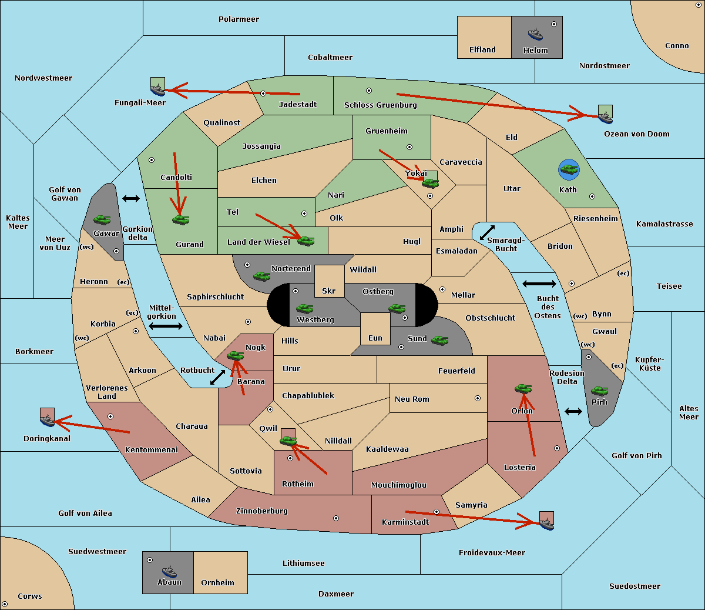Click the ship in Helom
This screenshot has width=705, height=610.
click(535, 34)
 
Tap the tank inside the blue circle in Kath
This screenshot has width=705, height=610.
click(569, 169)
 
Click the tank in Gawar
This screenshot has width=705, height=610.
click(102, 219)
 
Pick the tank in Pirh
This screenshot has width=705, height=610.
click(599, 391)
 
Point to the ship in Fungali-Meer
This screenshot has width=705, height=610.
click(157, 89)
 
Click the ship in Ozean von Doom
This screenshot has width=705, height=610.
click(605, 117)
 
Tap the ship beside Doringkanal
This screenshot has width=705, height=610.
click(48, 420)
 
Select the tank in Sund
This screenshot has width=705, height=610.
click(439, 341)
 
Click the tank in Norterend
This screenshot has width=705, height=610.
click(261, 276)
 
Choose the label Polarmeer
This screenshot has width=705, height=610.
click(239, 19)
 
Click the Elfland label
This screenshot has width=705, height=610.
click(482, 50)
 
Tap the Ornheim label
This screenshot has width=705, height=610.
click(217, 582)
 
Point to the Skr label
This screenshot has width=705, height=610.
click(329, 291)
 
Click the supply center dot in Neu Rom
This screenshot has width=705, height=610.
click(478, 398)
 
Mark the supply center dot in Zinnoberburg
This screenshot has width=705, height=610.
click(336, 518)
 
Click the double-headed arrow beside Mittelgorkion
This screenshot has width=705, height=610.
click(166, 326)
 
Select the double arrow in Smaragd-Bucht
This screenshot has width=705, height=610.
click(487, 232)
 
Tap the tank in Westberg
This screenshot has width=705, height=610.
click(304, 308)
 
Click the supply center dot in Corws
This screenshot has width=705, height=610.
click(5, 604)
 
